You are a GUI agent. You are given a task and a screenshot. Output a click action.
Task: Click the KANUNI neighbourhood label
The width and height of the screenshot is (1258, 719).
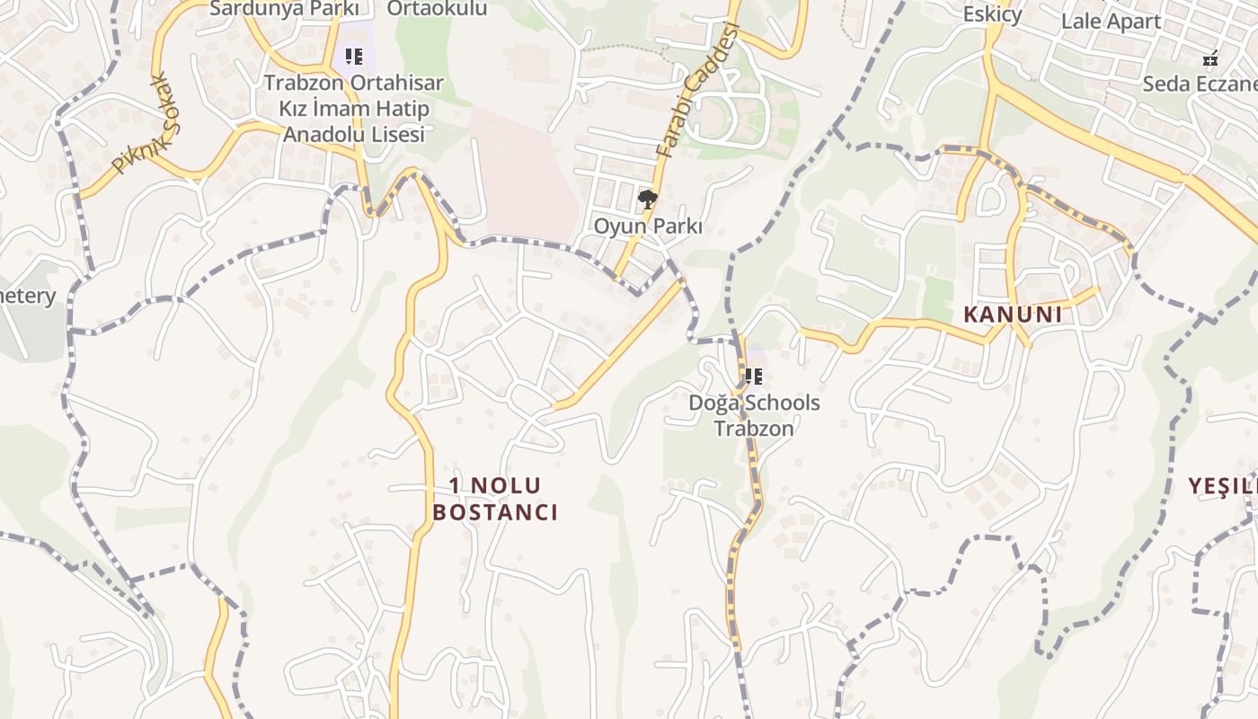(x=1013, y=315)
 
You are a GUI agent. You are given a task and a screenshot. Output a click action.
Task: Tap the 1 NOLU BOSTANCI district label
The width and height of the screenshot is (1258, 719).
(x=495, y=499)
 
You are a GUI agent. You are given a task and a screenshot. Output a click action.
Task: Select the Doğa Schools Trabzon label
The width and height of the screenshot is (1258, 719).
(x=754, y=414)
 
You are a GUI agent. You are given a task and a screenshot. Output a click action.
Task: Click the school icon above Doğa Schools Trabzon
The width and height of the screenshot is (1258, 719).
(x=754, y=377)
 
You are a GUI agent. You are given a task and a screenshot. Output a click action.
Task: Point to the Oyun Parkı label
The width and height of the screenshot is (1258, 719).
(x=647, y=226)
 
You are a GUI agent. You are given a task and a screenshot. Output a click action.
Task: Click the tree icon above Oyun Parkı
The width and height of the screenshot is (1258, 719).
(x=647, y=200)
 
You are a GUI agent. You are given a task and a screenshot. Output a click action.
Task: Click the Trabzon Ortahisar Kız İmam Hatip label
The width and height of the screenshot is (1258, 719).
(x=354, y=96)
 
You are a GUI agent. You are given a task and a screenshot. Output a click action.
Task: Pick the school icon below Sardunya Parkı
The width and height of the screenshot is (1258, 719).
(x=354, y=57)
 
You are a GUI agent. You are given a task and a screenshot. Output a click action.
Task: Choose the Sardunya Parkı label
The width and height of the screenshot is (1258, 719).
(x=284, y=9)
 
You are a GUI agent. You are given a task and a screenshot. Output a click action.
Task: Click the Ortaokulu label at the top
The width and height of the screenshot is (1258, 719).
(x=437, y=9)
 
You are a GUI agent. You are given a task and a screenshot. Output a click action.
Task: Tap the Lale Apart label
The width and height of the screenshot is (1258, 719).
(x=1111, y=22)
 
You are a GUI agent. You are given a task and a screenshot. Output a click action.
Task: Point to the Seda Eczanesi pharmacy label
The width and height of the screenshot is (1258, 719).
(x=1200, y=84)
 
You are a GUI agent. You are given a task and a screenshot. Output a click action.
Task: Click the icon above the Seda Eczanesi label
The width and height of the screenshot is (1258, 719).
(x=1210, y=59)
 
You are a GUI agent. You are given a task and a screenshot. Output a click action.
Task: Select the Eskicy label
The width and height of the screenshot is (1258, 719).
(x=992, y=14)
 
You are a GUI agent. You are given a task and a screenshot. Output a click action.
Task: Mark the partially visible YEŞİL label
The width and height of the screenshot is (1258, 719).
(x=1222, y=486)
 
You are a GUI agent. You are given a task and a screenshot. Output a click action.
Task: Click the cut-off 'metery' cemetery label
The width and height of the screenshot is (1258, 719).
(x=28, y=296)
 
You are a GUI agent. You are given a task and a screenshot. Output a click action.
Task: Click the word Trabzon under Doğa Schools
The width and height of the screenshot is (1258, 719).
(x=754, y=428)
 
